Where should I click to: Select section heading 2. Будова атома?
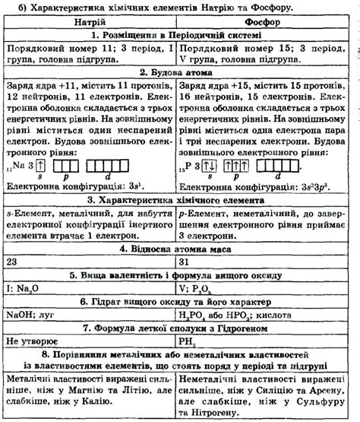(179, 73)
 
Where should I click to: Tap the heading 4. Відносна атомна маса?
(179, 248)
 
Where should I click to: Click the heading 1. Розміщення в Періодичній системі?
(179, 35)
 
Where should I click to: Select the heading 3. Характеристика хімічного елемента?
(179, 200)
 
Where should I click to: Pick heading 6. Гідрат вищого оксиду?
(179, 300)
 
